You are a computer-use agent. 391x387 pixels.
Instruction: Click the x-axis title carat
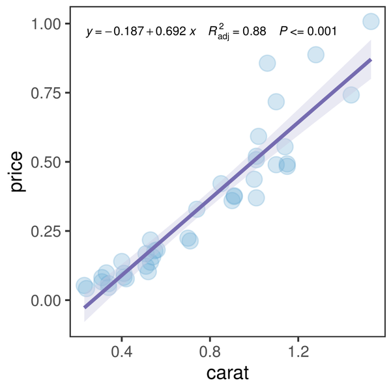click(227, 373)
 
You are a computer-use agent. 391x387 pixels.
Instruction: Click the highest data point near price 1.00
click(371, 21)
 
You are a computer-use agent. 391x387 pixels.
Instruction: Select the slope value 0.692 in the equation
click(171, 31)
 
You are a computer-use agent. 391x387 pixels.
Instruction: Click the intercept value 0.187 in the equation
click(130, 31)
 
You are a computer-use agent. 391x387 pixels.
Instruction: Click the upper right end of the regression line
click(371, 59)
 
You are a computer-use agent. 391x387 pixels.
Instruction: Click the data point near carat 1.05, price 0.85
click(267, 63)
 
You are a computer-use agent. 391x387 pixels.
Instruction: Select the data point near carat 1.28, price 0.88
click(316, 55)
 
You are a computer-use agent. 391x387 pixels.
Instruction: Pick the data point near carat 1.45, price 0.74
click(351, 95)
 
